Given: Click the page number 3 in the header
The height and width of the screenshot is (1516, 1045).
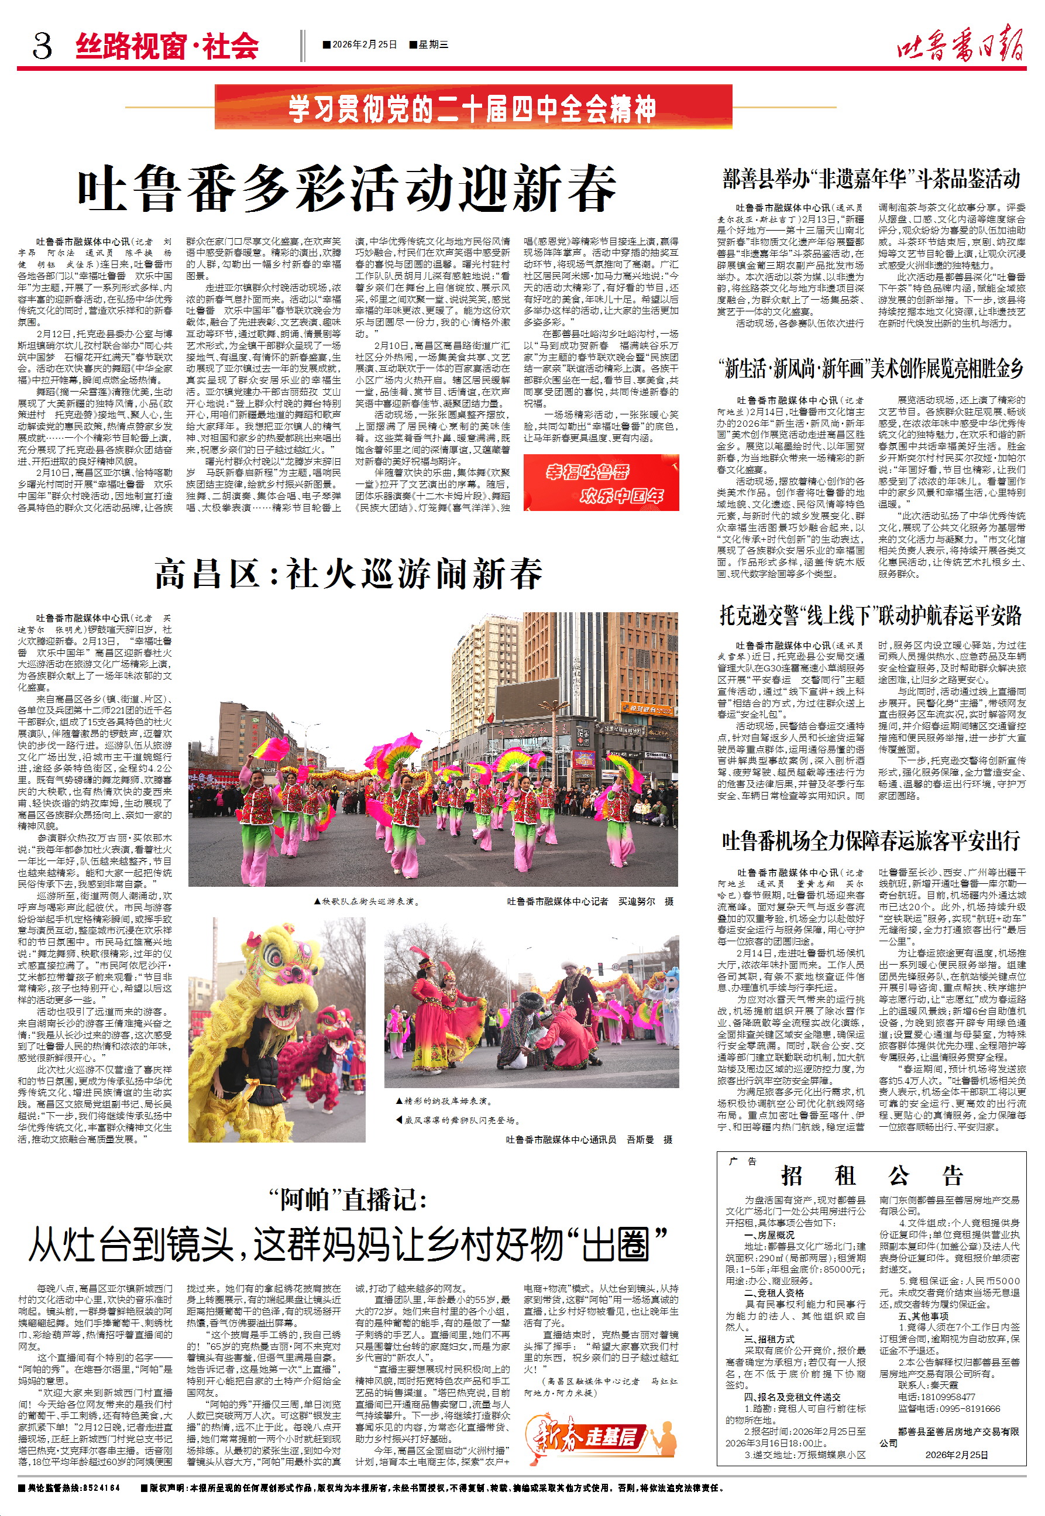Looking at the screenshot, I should (42, 46).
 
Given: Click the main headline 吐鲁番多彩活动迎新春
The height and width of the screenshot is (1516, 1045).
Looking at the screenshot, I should (347, 188).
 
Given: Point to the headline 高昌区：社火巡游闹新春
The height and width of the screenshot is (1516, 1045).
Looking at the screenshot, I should (348, 574).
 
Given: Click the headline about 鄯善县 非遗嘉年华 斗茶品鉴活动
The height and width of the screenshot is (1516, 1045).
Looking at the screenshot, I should (871, 179).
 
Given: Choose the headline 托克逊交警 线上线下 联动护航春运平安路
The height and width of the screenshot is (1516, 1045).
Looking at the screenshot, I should (871, 616).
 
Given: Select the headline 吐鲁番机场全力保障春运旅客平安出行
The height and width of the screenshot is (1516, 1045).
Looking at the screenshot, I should (871, 840).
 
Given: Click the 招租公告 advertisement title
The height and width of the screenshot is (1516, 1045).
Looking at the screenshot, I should (871, 1175).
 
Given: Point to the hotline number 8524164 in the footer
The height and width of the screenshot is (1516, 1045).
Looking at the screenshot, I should (101, 1488).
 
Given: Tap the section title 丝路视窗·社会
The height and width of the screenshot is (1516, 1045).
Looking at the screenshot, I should (167, 46).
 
